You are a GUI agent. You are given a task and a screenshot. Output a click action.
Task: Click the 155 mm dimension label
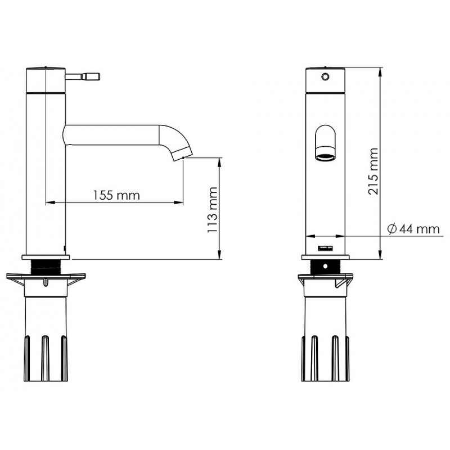click(116, 195)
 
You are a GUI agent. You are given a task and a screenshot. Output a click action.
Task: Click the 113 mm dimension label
click(213, 210)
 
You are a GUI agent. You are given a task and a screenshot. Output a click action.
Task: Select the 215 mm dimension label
click(373, 172)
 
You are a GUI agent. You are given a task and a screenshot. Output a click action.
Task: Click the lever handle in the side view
click(82, 77)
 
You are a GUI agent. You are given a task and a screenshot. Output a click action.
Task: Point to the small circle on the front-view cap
click(325, 76)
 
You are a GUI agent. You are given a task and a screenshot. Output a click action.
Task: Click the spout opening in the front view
click(325, 157)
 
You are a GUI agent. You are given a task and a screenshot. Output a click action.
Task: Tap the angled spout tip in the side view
click(181, 152)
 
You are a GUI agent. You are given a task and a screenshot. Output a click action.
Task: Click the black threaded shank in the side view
click(46, 267)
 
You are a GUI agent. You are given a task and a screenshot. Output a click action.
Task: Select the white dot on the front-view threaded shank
click(325, 266)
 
